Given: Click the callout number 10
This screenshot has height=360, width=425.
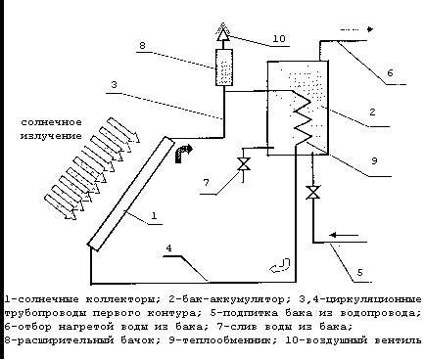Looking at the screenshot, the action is click(x=279, y=39).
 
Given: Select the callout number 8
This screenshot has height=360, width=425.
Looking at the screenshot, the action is click(x=142, y=45).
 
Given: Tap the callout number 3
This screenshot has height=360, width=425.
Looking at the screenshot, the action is click(x=114, y=85).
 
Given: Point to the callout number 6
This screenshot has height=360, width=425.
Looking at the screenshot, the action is click(x=390, y=72).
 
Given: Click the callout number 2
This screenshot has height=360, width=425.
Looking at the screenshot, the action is click(x=372, y=112).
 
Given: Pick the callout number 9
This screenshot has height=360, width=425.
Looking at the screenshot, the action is click(x=374, y=160).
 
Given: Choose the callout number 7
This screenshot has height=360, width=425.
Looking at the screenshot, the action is click(x=206, y=183).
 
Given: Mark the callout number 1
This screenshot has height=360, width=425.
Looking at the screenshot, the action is click(x=154, y=215).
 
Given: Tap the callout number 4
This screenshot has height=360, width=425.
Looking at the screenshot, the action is click(x=168, y=248).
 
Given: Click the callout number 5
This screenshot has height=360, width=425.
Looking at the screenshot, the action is click(x=359, y=272).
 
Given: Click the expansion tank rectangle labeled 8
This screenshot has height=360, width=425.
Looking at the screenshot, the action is click(x=224, y=67).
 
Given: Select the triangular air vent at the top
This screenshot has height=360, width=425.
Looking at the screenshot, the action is click(x=223, y=32).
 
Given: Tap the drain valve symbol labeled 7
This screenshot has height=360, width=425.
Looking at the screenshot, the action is click(x=244, y=163).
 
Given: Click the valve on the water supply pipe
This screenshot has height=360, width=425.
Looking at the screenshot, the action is click(x=313, y=193).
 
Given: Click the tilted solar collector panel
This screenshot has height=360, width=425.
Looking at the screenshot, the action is click(x=131, y=194).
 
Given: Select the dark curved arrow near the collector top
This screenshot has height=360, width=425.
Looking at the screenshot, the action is click(x=183, y=153).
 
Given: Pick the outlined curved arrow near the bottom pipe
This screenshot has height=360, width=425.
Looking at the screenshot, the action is click(x=281, y=266).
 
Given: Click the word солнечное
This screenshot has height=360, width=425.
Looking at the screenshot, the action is click(x=51, y=123).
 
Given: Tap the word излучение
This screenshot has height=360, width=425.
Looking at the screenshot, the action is click(x=51, y=136).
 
